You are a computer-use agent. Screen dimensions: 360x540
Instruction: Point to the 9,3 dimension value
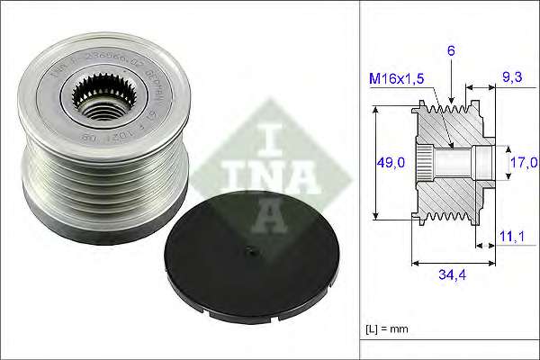click(x=511, y=77)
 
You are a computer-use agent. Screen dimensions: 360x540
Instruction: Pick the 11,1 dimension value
click(x=512, y=236)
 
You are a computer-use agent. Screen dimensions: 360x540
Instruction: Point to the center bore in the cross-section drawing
click(x=454, y=162)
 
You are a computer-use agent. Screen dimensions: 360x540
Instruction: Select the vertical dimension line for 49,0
click(x=374, y=162)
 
